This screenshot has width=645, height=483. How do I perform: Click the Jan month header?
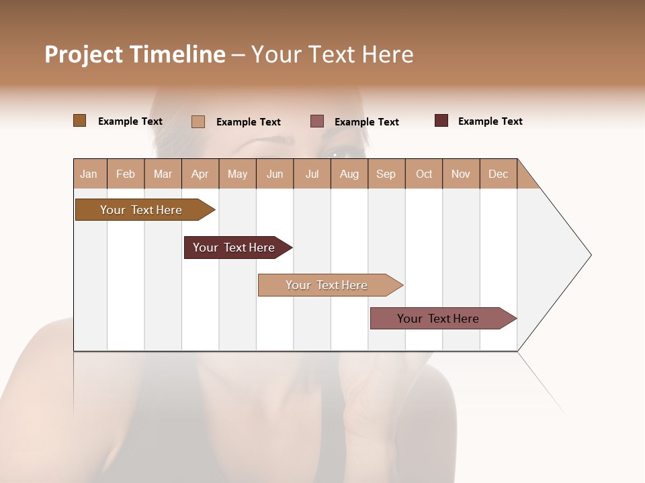[x=89, y=174]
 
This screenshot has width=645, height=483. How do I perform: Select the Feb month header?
[x=126, y=174]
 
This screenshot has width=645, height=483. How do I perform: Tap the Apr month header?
[x=200, y=174]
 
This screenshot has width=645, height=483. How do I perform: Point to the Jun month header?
[x=275, y=174]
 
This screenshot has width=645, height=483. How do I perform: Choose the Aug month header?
[x=349, y=174]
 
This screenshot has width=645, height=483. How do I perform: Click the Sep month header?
[x=386, y=174]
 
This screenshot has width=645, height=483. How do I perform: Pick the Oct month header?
[x=424, y=174]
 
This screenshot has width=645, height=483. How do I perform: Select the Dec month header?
[x=498, y=174]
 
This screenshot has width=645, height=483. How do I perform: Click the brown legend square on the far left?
[x=79, y=121]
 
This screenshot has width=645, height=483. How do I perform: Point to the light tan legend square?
[x=198, y=121]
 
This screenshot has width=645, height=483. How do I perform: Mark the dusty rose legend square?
[x=317, y=121]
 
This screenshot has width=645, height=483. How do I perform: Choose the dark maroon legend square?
[x=441, y=121]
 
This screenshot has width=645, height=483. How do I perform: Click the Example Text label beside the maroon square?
[x=490, y=121]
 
